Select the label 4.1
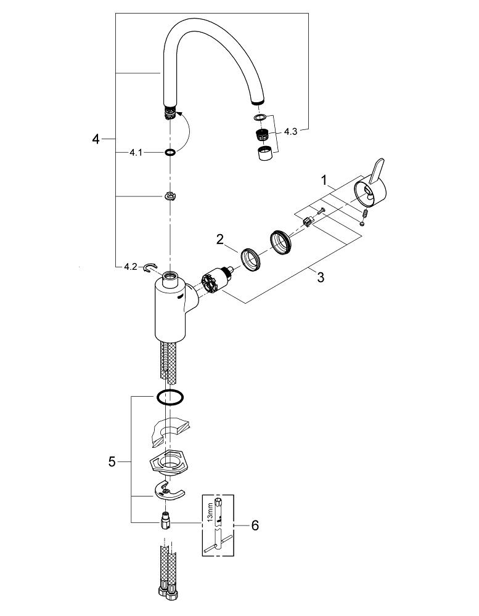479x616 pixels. [x=136, y=152]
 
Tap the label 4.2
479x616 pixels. [x=130, y=267]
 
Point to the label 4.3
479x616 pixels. [x=290, y=131]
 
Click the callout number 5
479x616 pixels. [x=112, y=461]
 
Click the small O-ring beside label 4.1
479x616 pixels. [x=170, y=152]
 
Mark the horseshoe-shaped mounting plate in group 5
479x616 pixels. [x=168, y=490]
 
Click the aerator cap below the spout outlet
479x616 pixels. [x=266, y=153]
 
